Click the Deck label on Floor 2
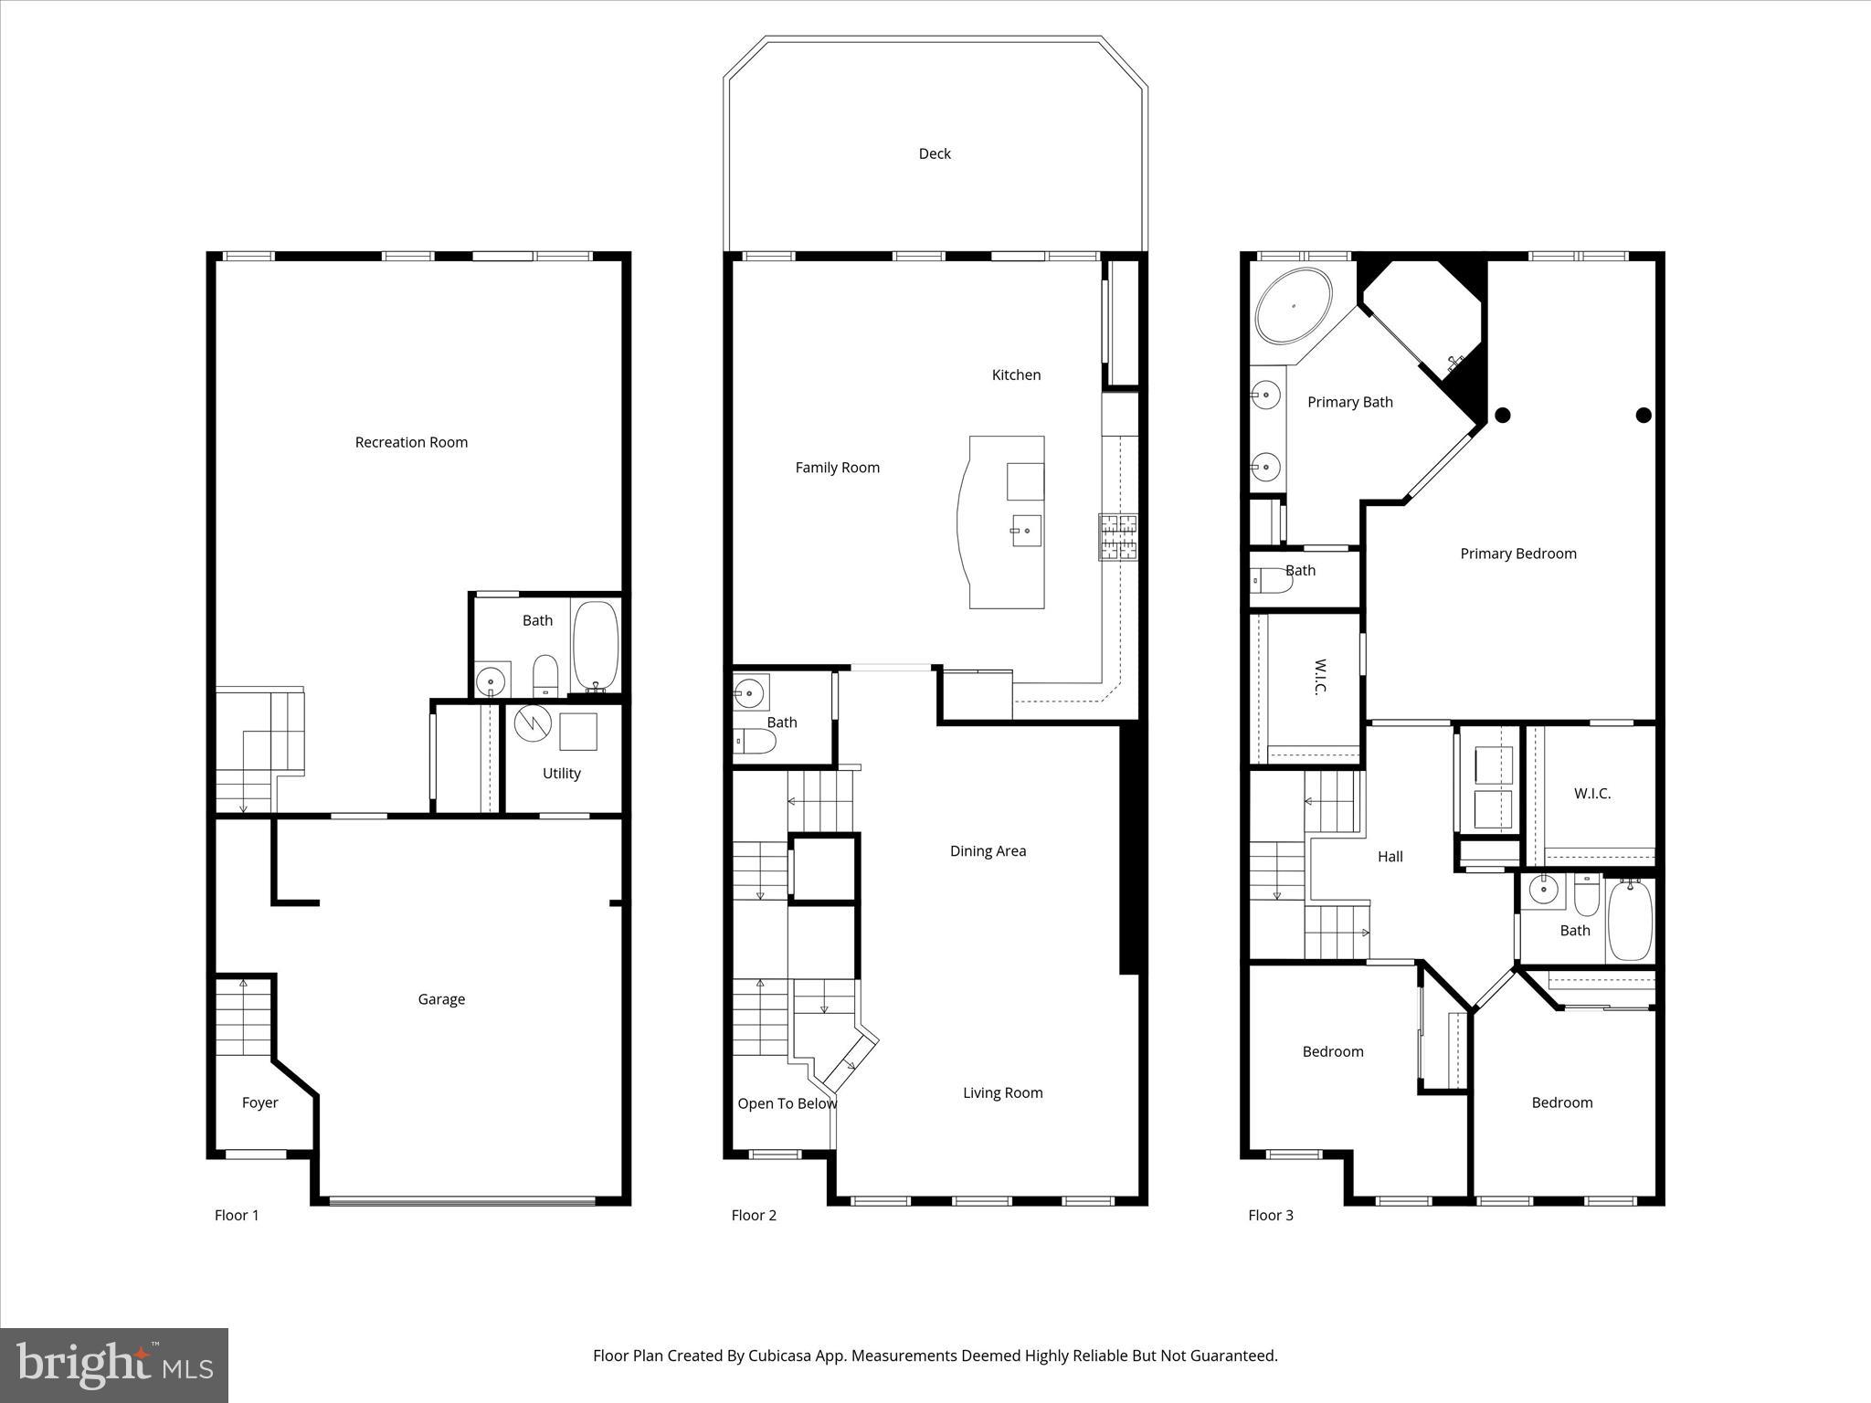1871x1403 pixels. tap(935, 153)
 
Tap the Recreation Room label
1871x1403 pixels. tap(411, 442)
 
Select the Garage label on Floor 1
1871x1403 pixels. tap(441, 999)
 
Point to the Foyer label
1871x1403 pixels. tap(259, 1102)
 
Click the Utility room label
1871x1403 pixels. tap(561, 773)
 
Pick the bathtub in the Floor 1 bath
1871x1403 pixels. tap(596, 644)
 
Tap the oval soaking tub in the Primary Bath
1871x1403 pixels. tap(1293, 305)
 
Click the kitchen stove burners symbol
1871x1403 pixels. tap(1118, 537)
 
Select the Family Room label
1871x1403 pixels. tap(837, 468)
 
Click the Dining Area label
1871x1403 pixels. tap(988, 850)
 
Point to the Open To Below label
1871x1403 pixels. tap(787, 1103)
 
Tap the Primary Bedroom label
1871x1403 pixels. tap(1517, 554)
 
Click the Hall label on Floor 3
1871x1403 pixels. tap(1390, 856)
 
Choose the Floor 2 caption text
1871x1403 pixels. tap(754, 1215)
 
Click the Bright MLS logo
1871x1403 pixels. tap(114, 1365)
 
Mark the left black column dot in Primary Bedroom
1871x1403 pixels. tap(1502, 416)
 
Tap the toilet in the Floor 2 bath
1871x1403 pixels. tap(755, 742)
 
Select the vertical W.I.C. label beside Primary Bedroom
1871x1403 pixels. tap(1319, 677)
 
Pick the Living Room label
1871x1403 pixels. tap(1002, 1092)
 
